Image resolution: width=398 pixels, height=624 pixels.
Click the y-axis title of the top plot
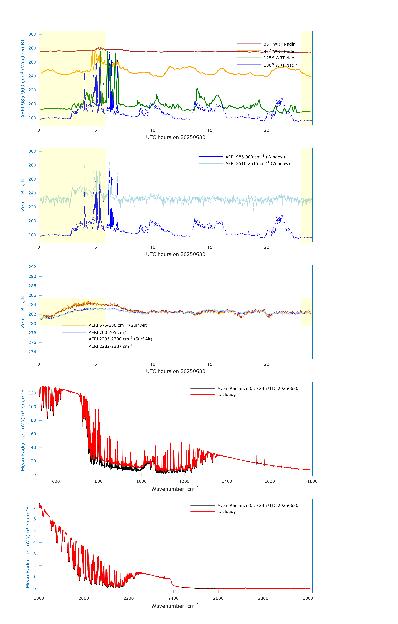coord(23,78)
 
